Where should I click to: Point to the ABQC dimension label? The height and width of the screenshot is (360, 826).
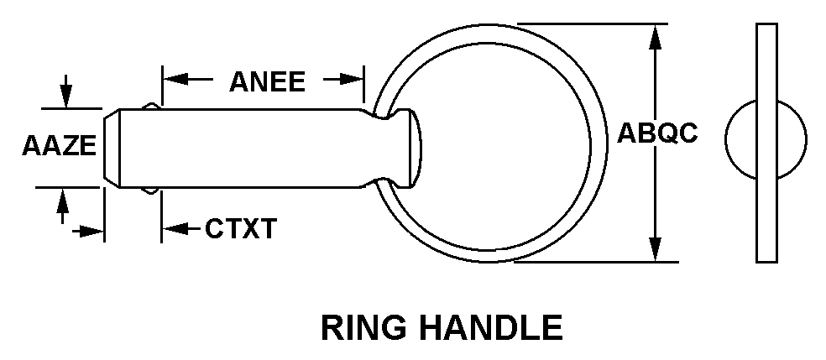[x=657, y=134]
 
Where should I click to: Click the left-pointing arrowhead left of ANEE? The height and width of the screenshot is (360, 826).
[x=173, y=80]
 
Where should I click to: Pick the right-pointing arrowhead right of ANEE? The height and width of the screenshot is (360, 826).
[x=353, y=80]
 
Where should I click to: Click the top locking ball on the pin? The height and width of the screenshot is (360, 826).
[x=150, y=106]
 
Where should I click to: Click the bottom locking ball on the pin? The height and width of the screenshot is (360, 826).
[x=150, y=190]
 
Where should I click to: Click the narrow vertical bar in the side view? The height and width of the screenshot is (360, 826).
[x=766, y=142]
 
